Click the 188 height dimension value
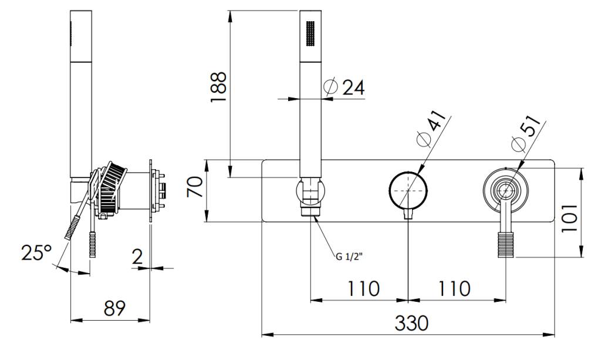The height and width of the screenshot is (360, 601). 218,88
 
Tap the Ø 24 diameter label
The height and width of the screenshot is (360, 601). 345,88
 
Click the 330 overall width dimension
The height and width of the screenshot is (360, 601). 411,323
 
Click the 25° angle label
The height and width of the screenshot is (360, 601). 36,253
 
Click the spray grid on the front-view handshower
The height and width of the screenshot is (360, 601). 310,35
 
